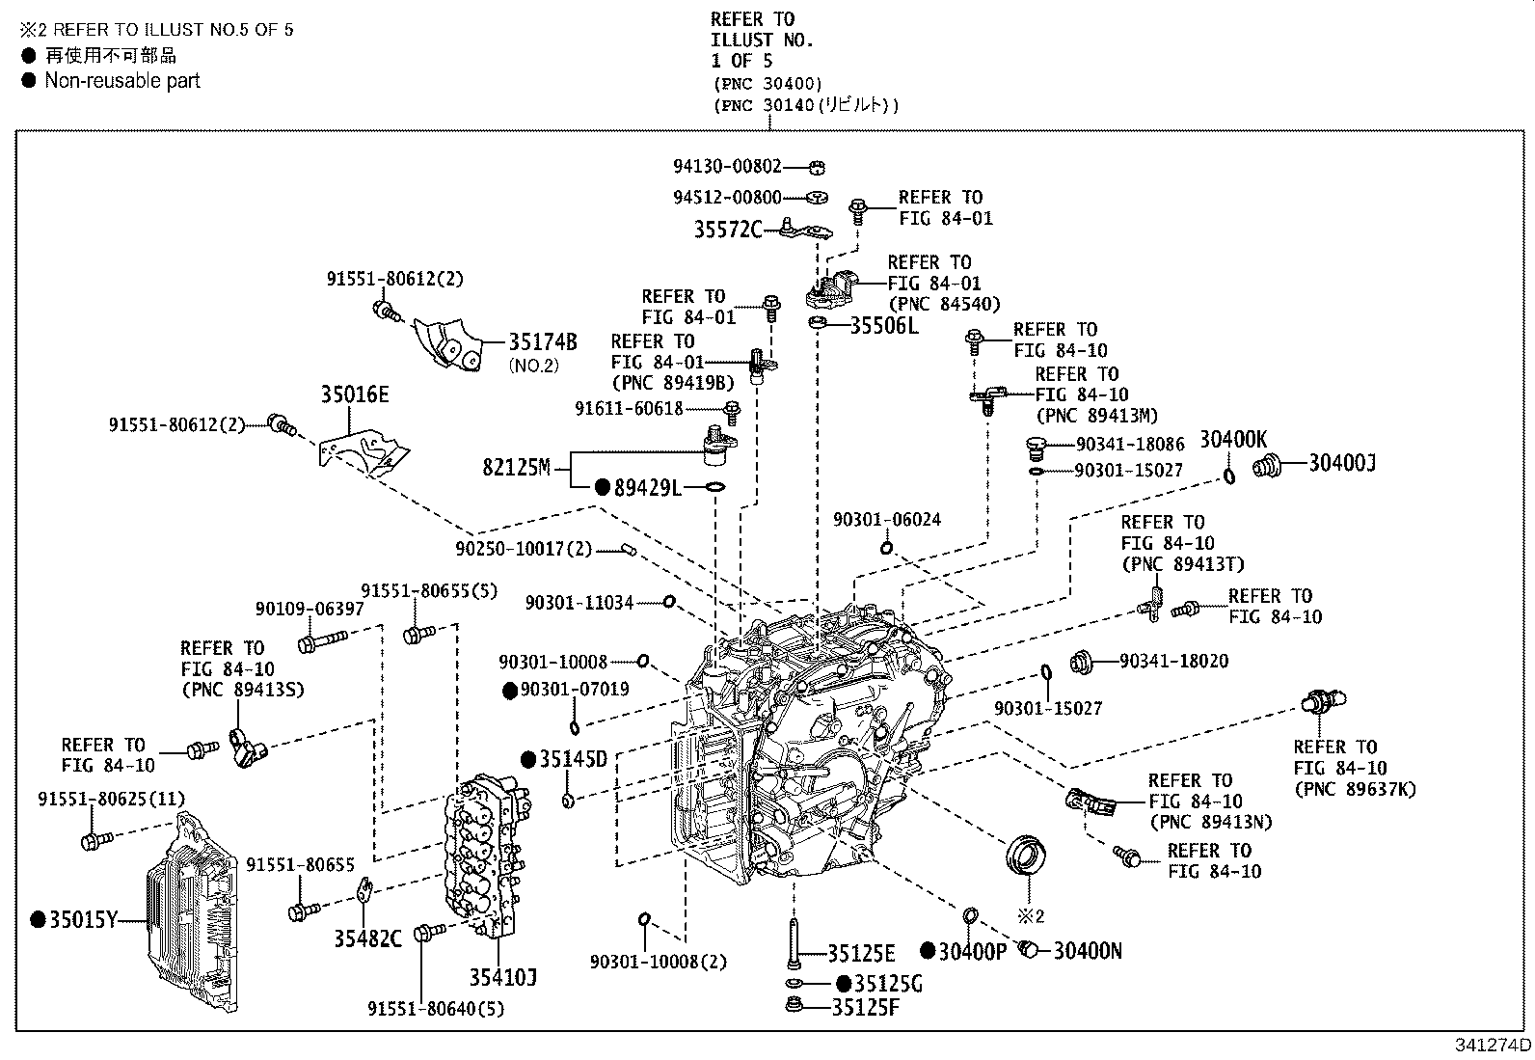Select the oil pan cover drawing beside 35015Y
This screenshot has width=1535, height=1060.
[x=190, y=917]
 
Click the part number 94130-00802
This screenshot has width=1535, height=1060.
[x=728, y=166]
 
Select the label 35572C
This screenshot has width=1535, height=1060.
[x=728, y=230]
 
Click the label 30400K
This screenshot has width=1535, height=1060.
[x=1233, y=440]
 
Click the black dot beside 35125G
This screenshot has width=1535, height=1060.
[x=843, y=984]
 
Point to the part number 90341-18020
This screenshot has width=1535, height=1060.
[x=1173, y=661]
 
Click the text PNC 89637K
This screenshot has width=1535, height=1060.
[x=1355, y=789]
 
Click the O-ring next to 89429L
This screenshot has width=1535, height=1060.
[x=714, y=487]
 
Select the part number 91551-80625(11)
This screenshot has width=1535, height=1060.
[x=112, y=799]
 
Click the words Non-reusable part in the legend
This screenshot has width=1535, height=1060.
[x=122, y=81]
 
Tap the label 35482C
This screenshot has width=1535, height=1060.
[x=367, y=938]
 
